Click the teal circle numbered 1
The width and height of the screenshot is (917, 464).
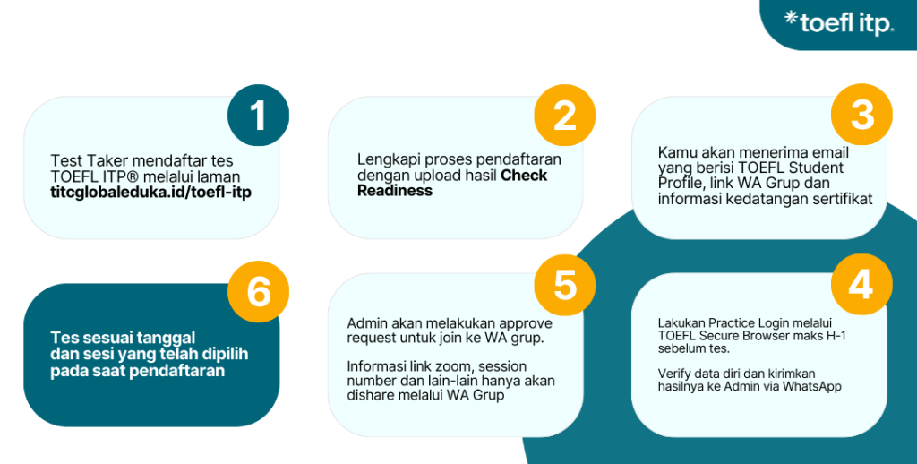[258, 116]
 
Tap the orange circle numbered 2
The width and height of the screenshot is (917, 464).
[564, 116]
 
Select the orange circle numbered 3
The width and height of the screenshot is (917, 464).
[861, 116]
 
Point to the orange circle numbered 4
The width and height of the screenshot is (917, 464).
[861, 284]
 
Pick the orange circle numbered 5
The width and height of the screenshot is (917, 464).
[564, 284]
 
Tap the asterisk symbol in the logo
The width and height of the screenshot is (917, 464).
[791, 17]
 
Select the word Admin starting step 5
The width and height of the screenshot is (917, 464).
[365, 322]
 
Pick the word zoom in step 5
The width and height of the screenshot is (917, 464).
[458, 366]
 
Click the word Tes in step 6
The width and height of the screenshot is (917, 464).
[62, 338]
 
